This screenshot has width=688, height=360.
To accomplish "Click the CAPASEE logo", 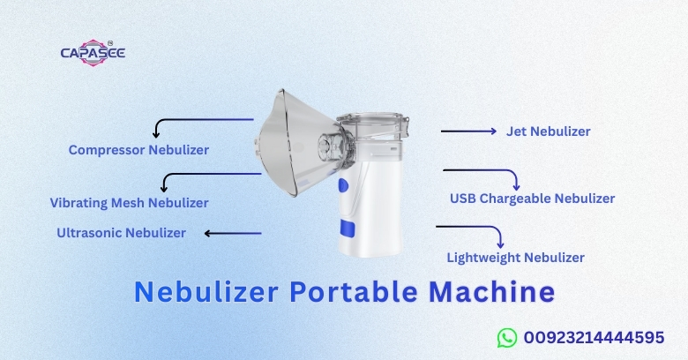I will tap(93, 53).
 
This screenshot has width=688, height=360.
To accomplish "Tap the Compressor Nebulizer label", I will tap(138, 150).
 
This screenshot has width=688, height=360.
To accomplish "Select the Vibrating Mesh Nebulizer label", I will tap(129, 203).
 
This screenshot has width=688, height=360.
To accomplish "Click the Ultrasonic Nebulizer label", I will tap(121, 233).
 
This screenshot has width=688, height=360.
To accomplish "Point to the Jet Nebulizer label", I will tap(548, 131).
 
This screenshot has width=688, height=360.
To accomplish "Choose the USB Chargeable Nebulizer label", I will tap(532, 199).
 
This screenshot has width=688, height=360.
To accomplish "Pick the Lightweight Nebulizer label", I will tap(515, 258).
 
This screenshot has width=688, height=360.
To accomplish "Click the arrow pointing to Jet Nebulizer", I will tap(468, 131).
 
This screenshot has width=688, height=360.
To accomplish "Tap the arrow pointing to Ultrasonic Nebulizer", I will tap(233, 234).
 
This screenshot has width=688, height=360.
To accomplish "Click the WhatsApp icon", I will tap(506, 337).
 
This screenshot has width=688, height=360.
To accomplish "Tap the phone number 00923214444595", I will tap(593, 337).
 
